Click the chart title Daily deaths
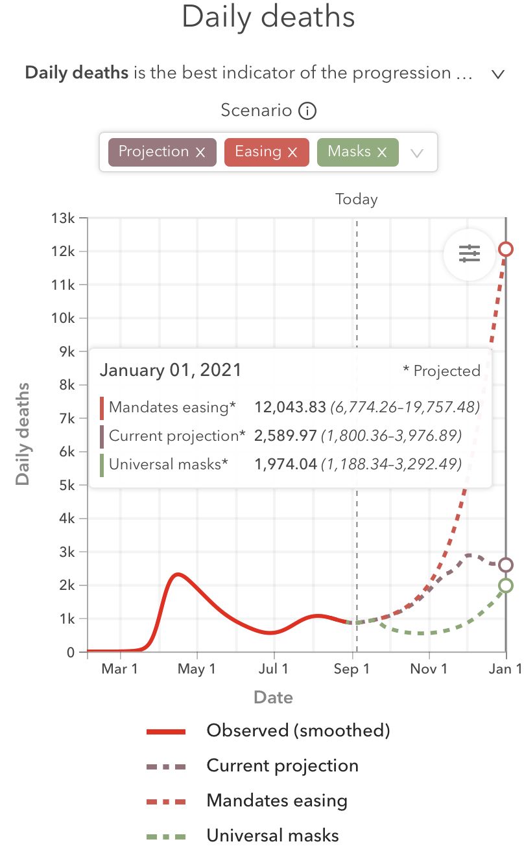pos(268,18)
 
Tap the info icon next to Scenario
pos(307,111)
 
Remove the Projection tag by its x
pos(200,152)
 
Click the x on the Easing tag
pos(292,152)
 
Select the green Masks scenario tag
pos(349,152)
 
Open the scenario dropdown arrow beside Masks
pos(417,153)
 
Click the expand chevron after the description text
pos(497,74)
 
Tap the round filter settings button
pos(470,254)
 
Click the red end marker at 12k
pos(506,250)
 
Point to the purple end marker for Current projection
pos(506,565)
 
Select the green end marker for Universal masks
pos(506,585)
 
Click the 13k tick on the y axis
pos(64,218)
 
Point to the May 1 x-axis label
pos(196,670)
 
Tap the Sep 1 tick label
pos(352,670)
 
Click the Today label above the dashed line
pos(356,200)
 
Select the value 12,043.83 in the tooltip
pos(289,407)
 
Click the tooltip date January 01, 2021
pos(170,371)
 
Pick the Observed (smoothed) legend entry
pos(298,731)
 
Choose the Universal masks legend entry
pos(272,836)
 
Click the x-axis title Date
pos(273,698)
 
